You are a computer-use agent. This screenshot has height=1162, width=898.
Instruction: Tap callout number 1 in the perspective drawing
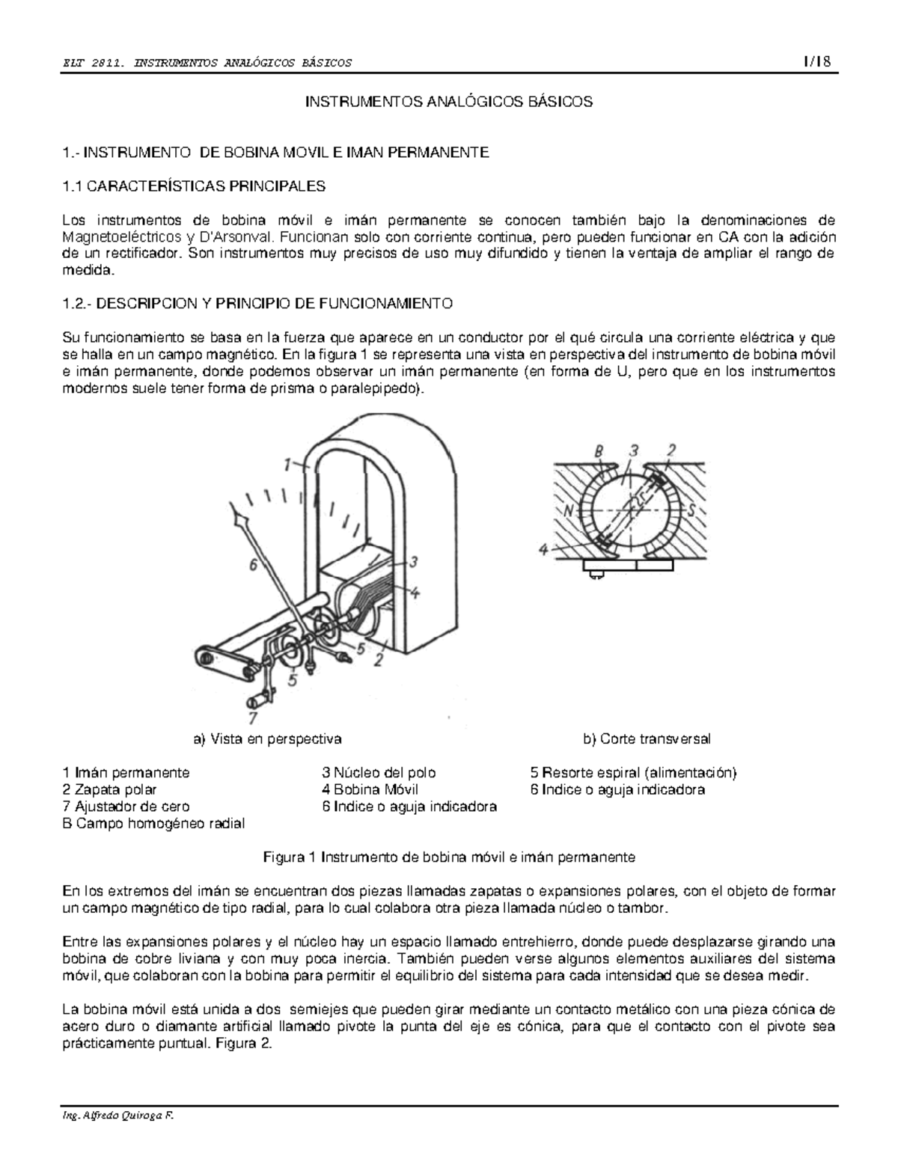tap(287, 465)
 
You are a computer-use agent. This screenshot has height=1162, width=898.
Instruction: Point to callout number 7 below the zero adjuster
tap(253, 716)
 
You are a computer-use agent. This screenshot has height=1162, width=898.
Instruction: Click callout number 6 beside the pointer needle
tap(254, 566)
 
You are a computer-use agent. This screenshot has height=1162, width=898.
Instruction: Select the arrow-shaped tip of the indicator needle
tap(239, 515)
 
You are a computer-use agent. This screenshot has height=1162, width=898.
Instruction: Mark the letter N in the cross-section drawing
tap(569, 510)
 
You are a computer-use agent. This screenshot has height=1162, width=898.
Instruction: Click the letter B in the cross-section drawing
tap(599, 451)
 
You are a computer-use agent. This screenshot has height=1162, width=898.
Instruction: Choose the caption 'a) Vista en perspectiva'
tap(267, 739)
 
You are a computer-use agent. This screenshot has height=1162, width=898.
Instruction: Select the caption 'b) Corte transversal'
tap(647, 739)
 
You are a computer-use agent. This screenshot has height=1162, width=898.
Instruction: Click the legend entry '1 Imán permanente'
tap(126, 773)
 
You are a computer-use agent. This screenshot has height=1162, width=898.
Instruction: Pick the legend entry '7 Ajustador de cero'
tap(126, 807)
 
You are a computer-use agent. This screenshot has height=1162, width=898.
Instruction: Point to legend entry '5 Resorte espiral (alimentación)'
tap(633, 773)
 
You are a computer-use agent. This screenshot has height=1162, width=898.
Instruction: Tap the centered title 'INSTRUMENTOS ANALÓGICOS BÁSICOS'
tap(448, 103)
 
